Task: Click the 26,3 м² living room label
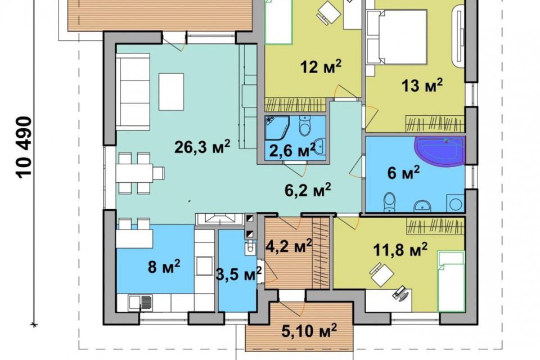point(202,147)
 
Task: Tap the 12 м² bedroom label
point(321,66)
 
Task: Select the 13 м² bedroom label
point(422,85)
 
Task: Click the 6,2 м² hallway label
point(308,190)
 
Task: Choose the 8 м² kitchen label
point(164,267)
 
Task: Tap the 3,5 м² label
point(238,274)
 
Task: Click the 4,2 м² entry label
point(289,246)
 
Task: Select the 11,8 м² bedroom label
point(400,249)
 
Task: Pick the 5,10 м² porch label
point(309,331)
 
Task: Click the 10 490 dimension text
point(24,148)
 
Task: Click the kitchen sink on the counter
point(141,303)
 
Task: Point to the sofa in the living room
point(133,92)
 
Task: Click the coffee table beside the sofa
point(171,92)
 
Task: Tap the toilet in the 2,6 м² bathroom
point(305,126)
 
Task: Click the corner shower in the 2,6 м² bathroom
point(277,127)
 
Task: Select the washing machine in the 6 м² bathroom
point(455,203)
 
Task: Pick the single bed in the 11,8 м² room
point(451,281)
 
